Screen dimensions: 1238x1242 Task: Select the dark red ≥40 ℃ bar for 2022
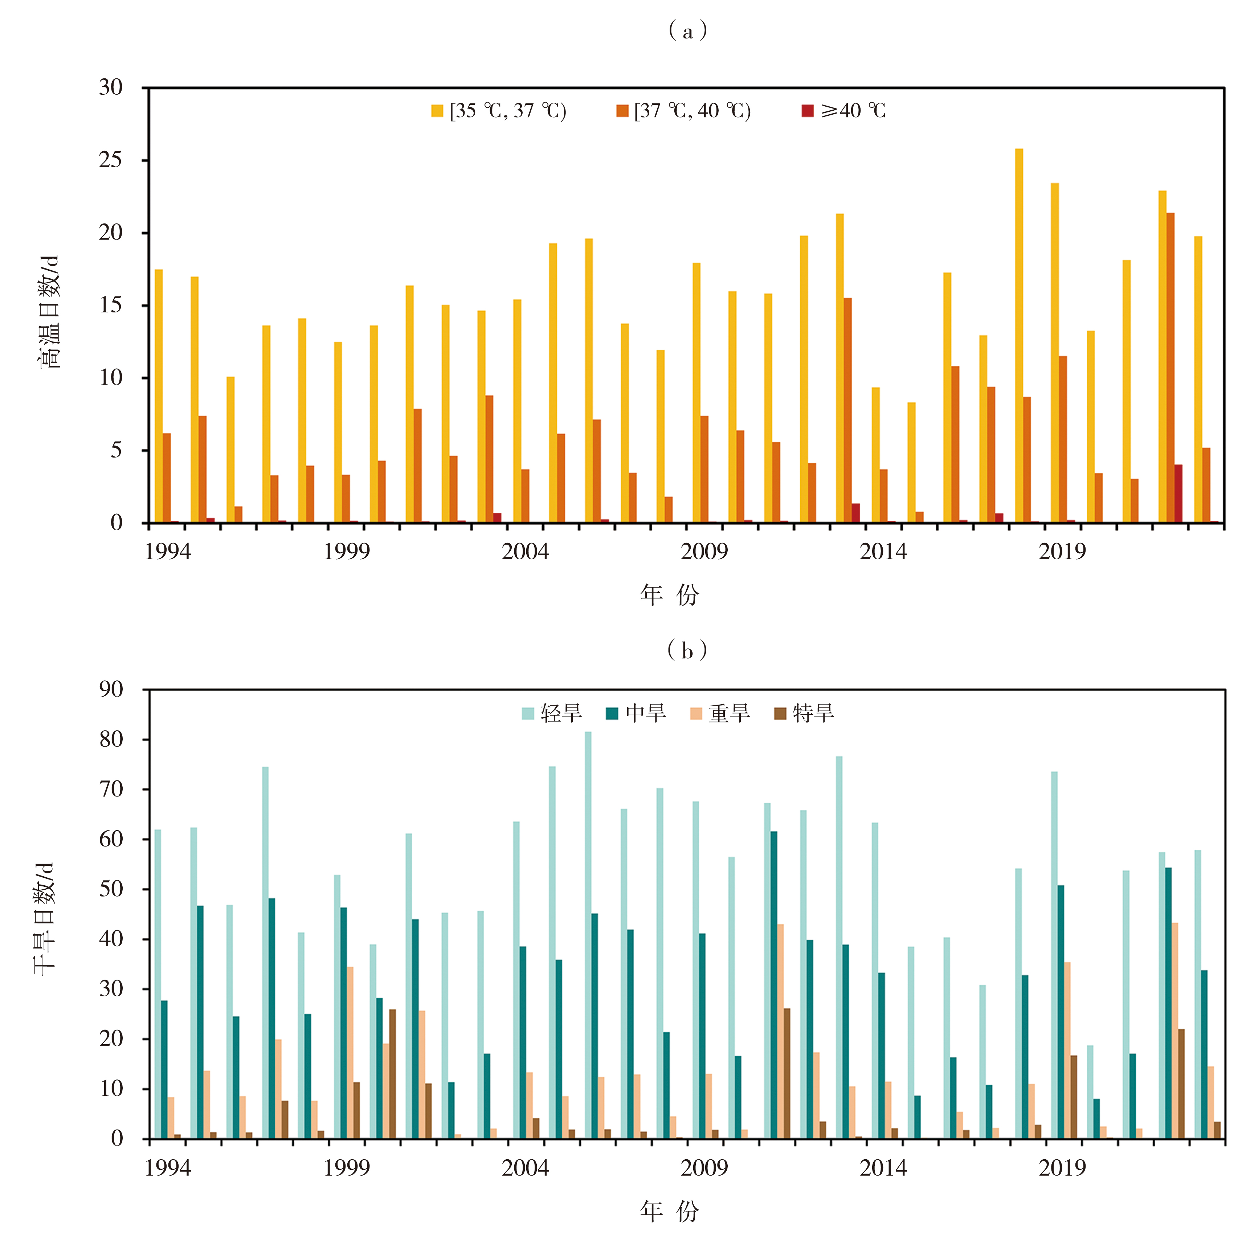pyautogui.click(x=1178, y=494)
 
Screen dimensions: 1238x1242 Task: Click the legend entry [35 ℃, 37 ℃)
pyautogui.click(x=499, y=111)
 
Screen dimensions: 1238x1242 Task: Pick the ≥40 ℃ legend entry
pyautogui.click(x=843, y=111)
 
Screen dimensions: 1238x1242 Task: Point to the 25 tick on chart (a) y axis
pyautogui.click(x=111, y=160)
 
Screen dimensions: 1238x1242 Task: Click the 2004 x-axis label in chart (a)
pyautogui.click(x=525, y=552)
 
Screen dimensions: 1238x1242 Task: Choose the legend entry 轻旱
pyautogui.click(x=552, y=713)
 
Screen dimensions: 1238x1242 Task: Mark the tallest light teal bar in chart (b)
pyautogui.click(x=588, y=935)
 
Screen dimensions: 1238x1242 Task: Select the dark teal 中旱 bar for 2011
pyautogui.click(x=774, y=985)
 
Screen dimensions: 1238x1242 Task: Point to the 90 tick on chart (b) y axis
pyautogui.click(x=111, y=690)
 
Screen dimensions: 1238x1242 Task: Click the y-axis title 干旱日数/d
pyautogui.click(x=45, y=919)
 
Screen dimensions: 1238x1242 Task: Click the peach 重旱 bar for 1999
pyautogui.click(x=350, y=1053)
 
